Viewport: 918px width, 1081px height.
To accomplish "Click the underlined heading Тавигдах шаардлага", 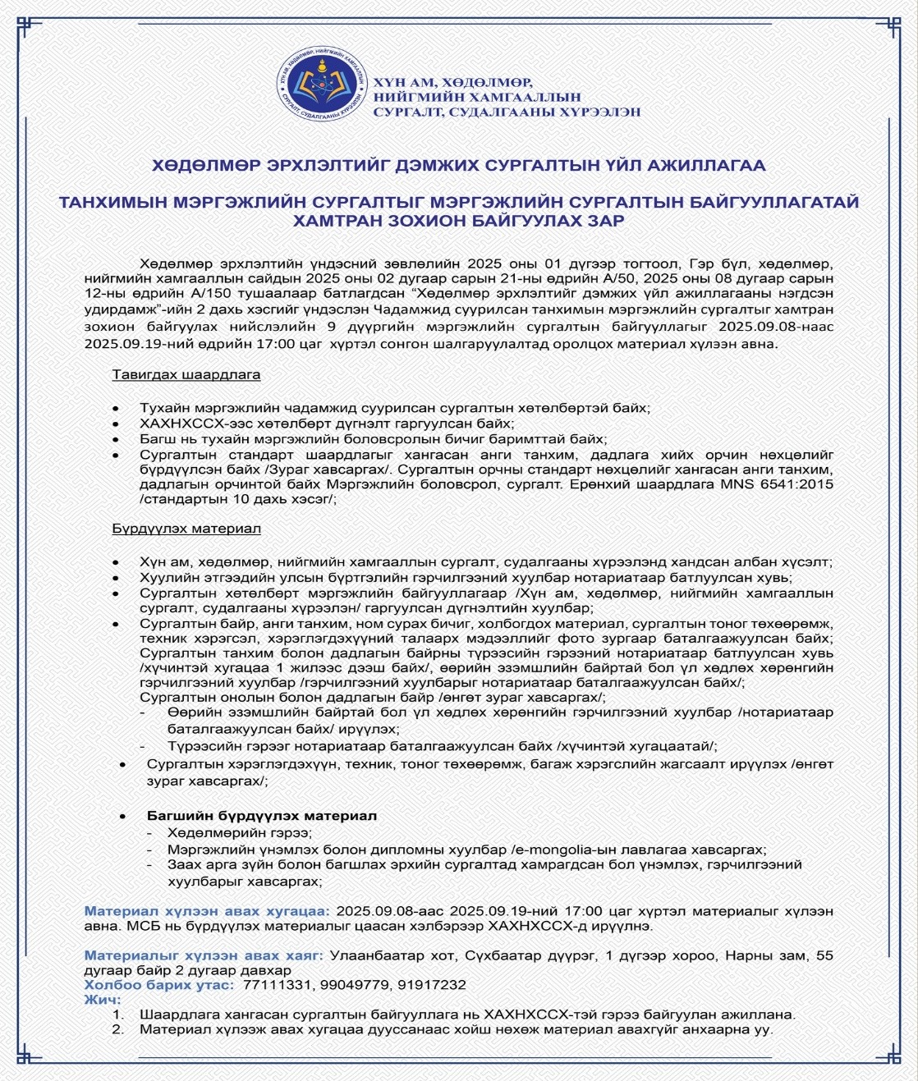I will [186, 374].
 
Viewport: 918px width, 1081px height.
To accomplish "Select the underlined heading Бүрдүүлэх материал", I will [186, 528].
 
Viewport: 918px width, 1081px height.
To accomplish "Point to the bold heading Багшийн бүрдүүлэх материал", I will [262, 816].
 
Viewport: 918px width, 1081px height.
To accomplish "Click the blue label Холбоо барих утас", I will [158, 984].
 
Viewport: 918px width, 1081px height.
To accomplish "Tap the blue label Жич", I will [102, 999].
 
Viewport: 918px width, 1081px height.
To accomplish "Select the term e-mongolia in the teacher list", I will [554, 850].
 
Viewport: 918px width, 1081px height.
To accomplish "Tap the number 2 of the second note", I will [117, 1028].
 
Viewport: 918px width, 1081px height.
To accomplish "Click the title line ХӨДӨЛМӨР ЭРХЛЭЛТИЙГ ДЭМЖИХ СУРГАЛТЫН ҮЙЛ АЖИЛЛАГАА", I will [458, 165].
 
